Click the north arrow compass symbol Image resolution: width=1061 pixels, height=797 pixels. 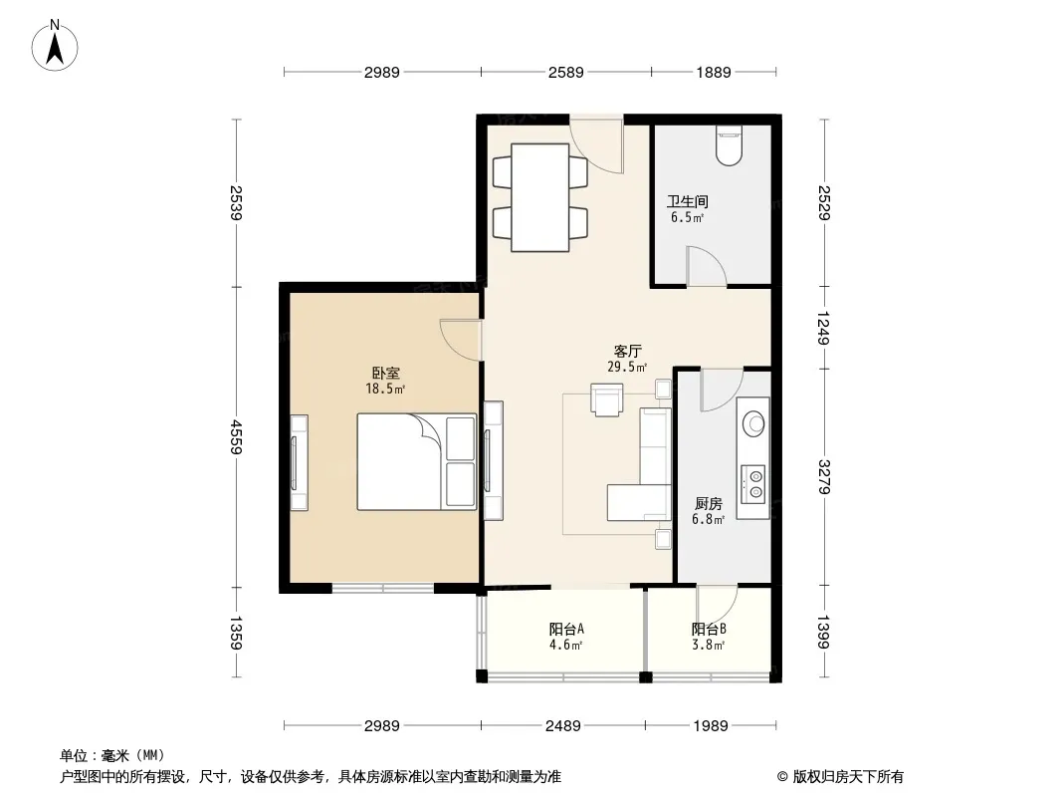55,46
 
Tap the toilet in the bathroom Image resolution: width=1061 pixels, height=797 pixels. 729,144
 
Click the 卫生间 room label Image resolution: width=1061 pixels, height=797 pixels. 688,201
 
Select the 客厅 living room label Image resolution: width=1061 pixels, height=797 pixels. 627,351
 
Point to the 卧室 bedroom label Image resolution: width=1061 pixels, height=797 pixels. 386,373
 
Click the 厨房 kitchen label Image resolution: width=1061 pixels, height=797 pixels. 709,503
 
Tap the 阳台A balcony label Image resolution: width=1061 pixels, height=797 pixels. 566,629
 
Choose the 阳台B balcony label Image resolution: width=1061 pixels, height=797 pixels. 709,629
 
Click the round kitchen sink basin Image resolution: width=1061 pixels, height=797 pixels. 753,423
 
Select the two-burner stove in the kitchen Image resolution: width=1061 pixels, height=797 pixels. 753,483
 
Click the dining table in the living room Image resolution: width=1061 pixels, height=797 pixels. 540,197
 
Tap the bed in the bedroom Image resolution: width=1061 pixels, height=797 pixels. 417,461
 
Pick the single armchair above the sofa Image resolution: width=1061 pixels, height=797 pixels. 606,398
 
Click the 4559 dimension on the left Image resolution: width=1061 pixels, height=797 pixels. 236,436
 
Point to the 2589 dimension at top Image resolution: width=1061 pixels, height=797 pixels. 565,72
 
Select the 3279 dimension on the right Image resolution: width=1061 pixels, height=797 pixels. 823,477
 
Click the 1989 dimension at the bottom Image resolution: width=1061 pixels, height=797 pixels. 711,726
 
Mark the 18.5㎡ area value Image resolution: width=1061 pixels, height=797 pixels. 385,389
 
